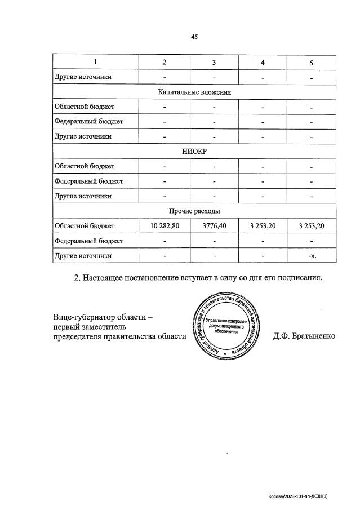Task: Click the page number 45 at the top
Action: tap(194, 37)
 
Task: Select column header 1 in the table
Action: tap(95, 62)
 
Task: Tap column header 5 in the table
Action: tap(312, 62)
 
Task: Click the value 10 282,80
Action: tap(165, 226)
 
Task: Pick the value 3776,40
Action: tap(214, 226)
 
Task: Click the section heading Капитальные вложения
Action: tap(194, 91)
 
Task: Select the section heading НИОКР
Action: tap(194, 152)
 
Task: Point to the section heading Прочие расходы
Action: tap(194, 211)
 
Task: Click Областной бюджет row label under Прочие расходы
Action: tap(84, 226)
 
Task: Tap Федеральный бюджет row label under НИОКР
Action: tap(88, 181)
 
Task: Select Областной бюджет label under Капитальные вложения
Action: tap(84, 107)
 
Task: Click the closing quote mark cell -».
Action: tap(312, 256)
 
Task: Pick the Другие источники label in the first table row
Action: tap(82, 77)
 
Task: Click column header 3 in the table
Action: tap(214, 62)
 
